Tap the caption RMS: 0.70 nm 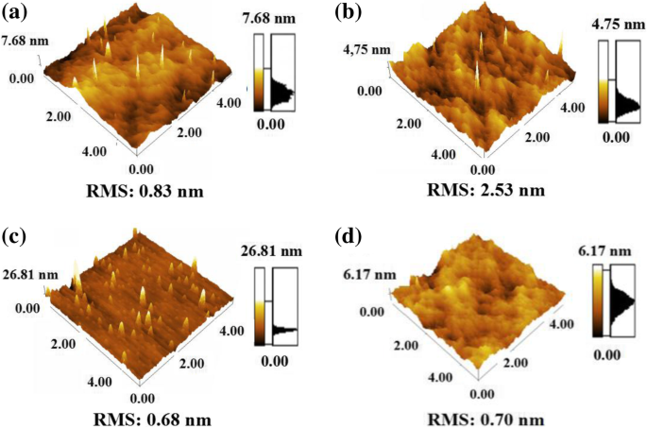(x=487, y=419)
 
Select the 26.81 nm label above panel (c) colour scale (x=272, y=253)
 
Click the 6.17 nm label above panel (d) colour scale (x=614, y=253)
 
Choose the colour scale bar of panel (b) (x=604, y=86)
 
